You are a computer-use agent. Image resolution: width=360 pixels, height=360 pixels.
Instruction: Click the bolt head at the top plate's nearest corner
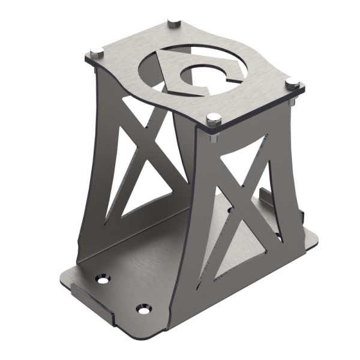tap(211, 118)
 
